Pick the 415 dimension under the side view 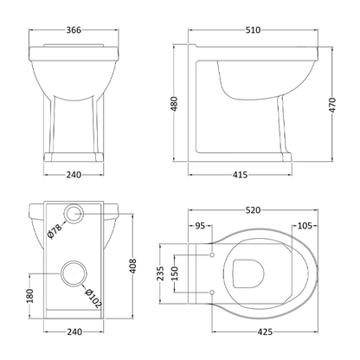click(241, 174)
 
